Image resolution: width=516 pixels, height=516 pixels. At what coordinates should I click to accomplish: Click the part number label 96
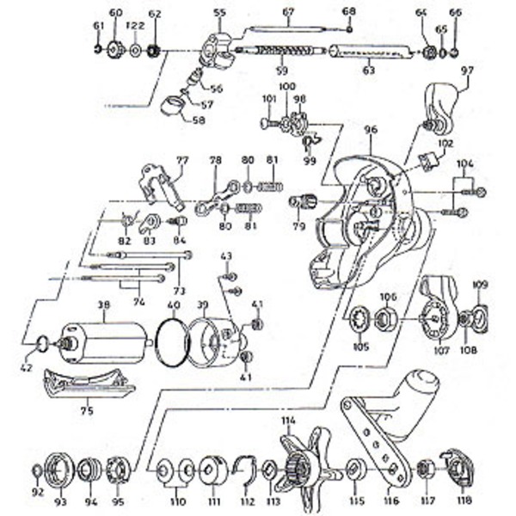coord(371,130)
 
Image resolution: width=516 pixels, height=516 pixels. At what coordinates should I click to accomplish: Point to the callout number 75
coord(86,411)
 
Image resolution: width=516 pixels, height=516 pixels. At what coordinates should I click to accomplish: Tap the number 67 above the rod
coord(288,12)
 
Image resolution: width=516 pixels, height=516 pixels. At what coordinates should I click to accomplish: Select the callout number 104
coord(464,163)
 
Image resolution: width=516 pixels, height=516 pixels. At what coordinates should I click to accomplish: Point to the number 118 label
coord(464,501)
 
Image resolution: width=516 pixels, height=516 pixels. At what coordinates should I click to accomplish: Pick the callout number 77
coord(181,160)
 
